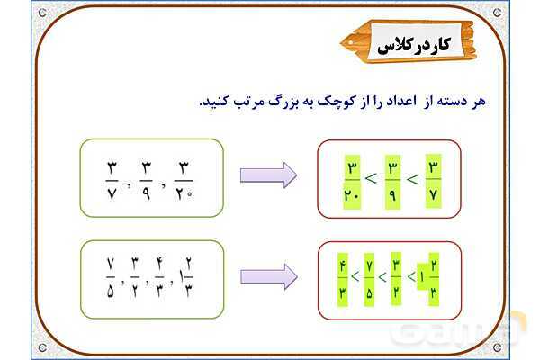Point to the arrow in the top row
point(267,175)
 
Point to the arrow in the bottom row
point(267,277)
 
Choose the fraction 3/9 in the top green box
point(146,177)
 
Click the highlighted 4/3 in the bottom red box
point(344,279)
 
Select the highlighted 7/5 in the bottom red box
point(370,279)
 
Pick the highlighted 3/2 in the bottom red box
point(396,279)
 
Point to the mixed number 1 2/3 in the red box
point(427,279)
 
